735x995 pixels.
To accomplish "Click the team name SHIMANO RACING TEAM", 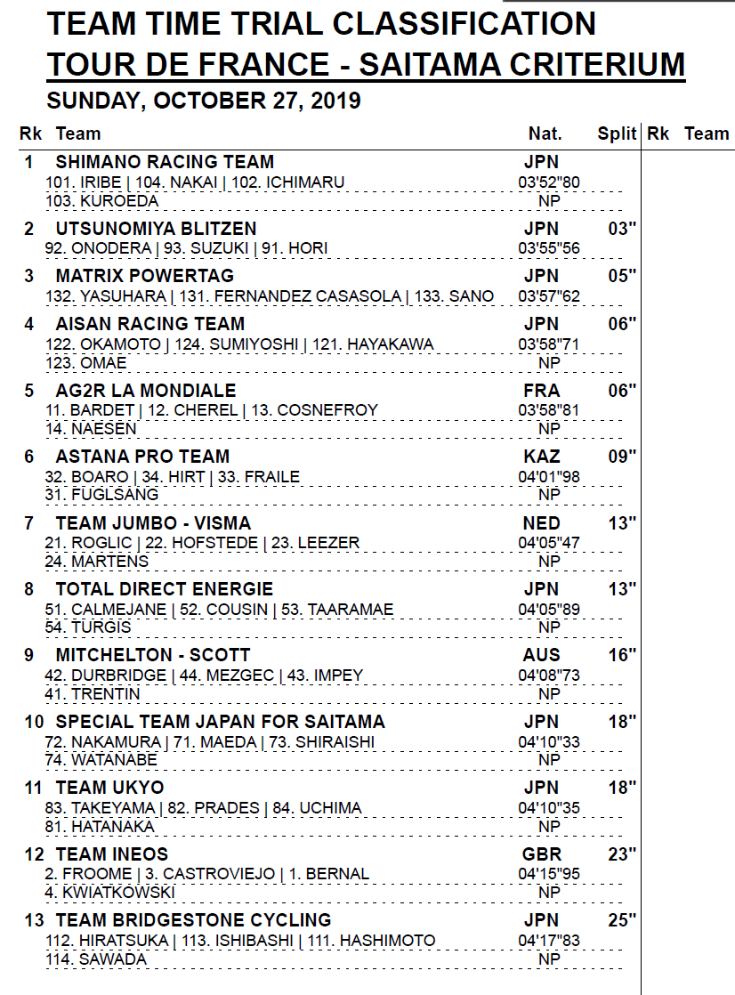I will tap(165, 162).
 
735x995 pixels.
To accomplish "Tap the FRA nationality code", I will tap(542, 391).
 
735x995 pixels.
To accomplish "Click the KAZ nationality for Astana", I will tap(542, 457).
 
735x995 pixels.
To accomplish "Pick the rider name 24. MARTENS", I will tap(97, 562).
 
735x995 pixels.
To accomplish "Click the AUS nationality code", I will tap(542, 655).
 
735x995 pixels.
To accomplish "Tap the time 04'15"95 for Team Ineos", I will tap(549, 874).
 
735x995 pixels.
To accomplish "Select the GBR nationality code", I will tap(542, 854).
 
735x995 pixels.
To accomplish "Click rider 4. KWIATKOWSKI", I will tap(110, 893).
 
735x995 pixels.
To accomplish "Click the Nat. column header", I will tap(545, 133).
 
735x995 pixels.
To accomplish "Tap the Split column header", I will tap(617, 133).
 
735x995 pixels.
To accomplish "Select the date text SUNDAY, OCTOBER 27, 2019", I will tap(204, 101).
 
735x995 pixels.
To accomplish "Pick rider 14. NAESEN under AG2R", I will tap(91, 429).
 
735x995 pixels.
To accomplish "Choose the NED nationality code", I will tap(542, 522).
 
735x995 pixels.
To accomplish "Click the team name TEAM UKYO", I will tap(109, 788).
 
